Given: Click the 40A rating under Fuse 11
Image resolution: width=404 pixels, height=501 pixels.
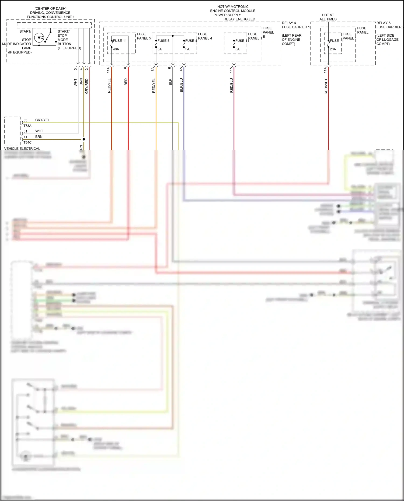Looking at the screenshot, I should click(116, 49).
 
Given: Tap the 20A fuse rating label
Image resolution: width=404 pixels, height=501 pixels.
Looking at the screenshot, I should click(333, 49).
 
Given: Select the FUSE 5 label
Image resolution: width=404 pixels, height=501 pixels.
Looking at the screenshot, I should click(163, 41).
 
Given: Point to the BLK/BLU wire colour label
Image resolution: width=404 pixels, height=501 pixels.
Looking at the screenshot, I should click(182, 85).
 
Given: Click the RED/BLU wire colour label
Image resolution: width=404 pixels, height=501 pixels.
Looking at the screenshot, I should click(232, 86).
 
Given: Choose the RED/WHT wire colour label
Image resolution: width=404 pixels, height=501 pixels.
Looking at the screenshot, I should click(326, 86).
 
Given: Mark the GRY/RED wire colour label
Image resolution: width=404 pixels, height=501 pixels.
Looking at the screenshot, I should click(87, 86).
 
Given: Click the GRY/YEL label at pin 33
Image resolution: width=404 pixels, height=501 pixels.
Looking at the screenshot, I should click(42, 120).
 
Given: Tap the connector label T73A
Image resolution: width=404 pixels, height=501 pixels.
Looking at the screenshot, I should click(27, 126).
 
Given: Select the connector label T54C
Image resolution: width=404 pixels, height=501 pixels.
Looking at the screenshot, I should click(27, 142).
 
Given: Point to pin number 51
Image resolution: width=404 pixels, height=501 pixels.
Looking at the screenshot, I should click(25, 131).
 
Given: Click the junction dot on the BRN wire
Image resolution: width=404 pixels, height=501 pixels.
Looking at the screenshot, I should click(84, 139).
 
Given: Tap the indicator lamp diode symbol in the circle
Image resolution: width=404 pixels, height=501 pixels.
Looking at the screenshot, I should click(40, 38).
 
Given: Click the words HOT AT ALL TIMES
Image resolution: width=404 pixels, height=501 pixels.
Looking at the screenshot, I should click(328, 17).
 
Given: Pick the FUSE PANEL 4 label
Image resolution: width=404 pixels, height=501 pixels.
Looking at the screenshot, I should click(205, 36).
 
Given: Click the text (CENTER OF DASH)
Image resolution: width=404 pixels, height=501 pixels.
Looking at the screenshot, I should click(50, 9).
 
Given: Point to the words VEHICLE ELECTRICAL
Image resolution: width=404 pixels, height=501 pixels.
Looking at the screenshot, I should click(22, 149).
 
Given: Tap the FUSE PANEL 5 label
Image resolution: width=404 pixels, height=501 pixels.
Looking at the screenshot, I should click(144, 36).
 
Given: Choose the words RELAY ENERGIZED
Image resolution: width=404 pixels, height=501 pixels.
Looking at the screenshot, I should click(239, 19).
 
